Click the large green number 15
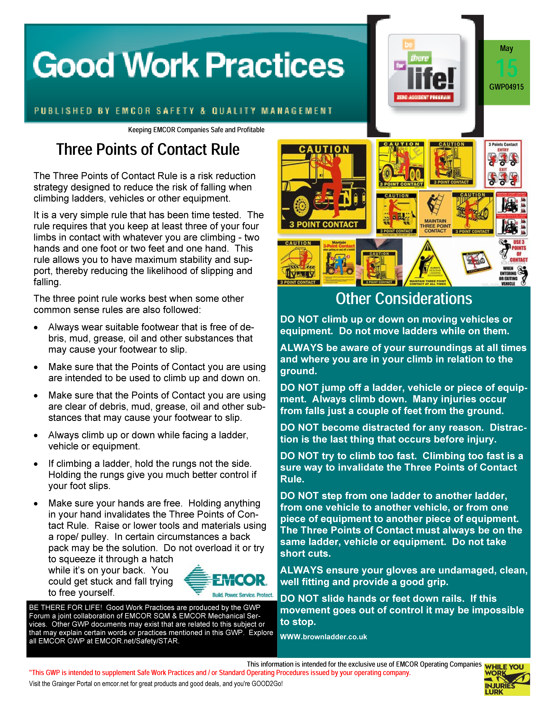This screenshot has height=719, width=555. (x=506, y=68)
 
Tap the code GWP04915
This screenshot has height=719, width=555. (x=506, y=87)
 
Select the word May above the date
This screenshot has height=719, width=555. (x=506, y=48)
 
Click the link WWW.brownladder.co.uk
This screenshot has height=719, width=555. (x=323, y=637)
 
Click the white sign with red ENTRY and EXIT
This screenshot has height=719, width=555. (x=503, y=164)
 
